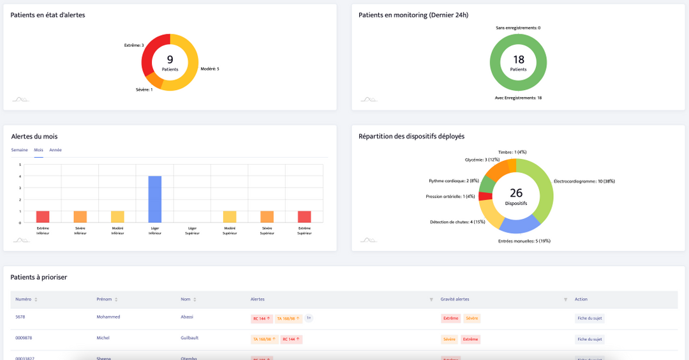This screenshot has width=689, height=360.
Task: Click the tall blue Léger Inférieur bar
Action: click(x=155, y=199)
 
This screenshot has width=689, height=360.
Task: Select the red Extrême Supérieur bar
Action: click(x=304, y=216)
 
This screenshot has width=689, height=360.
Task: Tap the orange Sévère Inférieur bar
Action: click(x=80, y=216)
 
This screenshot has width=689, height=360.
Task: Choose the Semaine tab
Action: click(x=19, y=150)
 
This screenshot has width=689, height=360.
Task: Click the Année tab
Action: click(x=56, y=150)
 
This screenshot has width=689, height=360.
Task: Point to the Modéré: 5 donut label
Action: click(x=210, y=69)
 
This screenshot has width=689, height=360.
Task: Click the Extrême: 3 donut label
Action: click(x=133, y=45)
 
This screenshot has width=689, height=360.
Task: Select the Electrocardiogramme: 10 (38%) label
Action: click(x=584, y=181)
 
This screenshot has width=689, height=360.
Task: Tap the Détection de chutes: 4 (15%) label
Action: click(x=457, y=222)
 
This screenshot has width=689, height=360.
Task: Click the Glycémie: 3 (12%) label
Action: click(x=482, y=160)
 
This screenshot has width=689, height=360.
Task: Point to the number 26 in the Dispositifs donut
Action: click(x=516, y=193)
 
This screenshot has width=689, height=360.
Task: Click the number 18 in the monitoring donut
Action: click(x=519, y=59)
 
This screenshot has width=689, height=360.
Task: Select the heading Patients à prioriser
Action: click(x=39, y=277)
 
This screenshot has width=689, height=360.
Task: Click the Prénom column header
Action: click(x=104, y=299)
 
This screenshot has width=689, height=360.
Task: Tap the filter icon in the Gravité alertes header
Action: click(x=565, y=299)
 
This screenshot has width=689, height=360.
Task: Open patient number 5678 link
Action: click(x=20, y=317)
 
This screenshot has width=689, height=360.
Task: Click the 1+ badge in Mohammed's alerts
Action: click(x=309, y=318)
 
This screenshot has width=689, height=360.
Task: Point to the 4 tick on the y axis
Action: click(x=20, y=176)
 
